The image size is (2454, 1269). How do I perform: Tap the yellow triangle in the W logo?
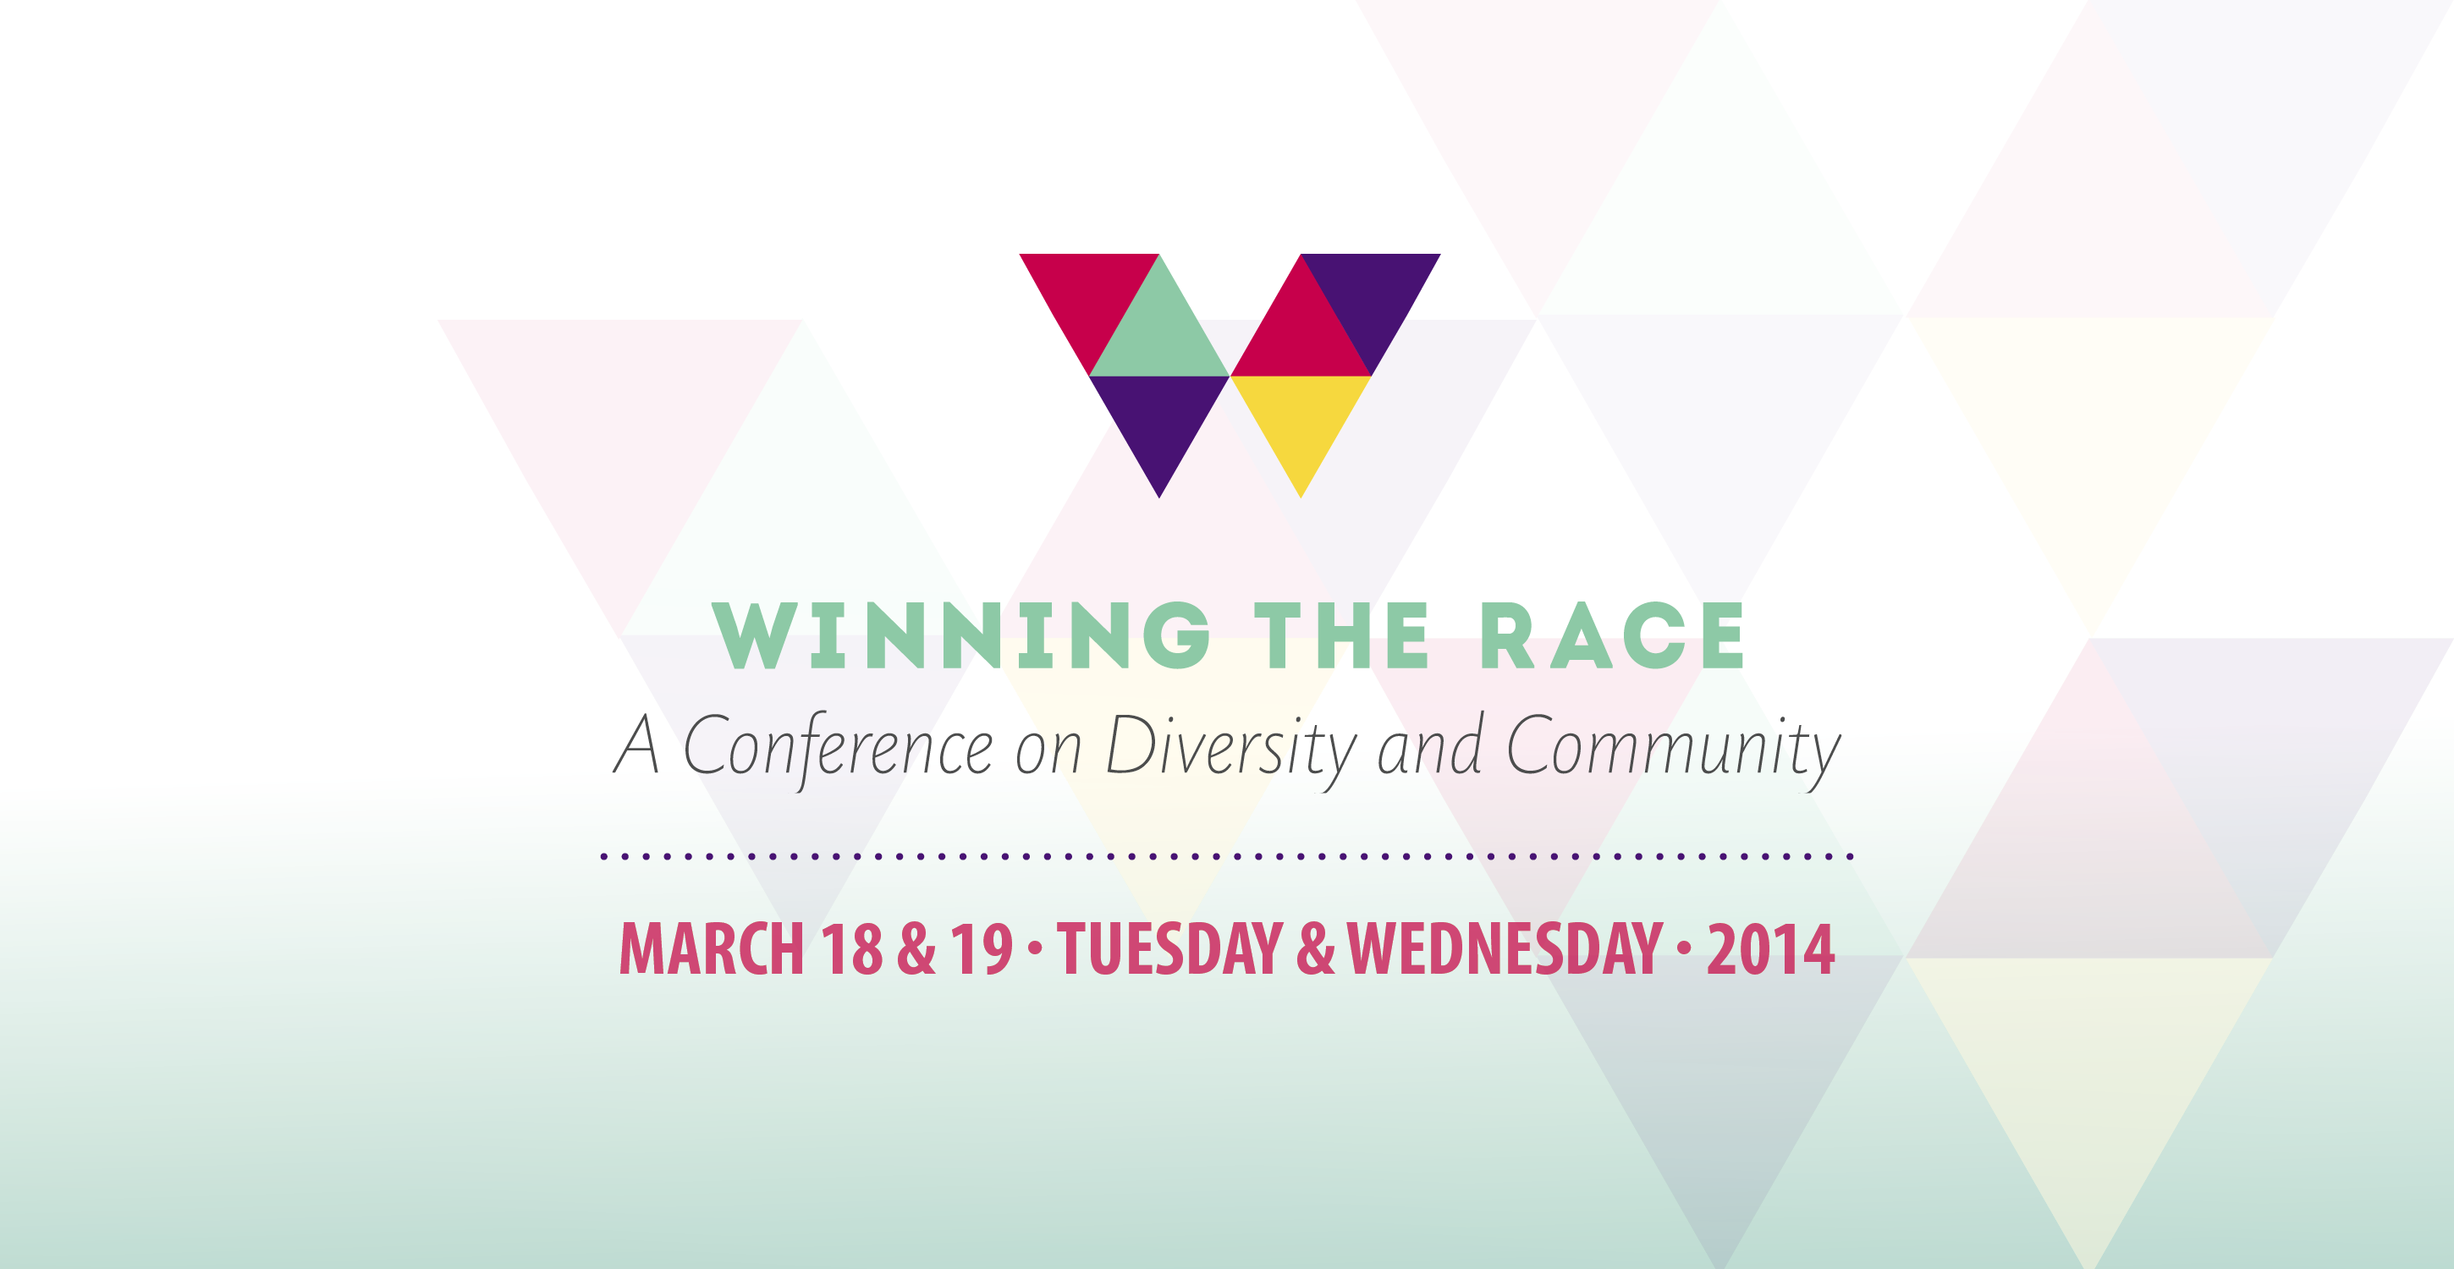(x=1301, y=416)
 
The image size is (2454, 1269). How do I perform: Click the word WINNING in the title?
(x=961, y=634)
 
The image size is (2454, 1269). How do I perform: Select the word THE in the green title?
(x=1341, y=634)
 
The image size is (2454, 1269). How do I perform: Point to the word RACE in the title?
(x=1612, y=634)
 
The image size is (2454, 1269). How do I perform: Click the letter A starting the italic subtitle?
(x=636, y=744)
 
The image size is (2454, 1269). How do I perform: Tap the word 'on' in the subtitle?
(x=1048, y=753)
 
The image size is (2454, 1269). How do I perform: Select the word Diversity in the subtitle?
(x=1230, y=750)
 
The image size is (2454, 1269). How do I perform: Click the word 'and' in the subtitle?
(x=1430, y=744)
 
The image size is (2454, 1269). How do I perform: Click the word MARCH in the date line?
(x=712, y=949)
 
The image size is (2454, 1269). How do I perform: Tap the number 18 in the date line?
(x=851, y=949)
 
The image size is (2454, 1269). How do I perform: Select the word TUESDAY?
(x=1169, y=949)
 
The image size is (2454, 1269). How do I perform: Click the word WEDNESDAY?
(x=1505, y=949)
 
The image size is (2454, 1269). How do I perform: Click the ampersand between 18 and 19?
(x=916, y=949)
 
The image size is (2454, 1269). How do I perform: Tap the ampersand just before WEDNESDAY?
(x=1316, y=949)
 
